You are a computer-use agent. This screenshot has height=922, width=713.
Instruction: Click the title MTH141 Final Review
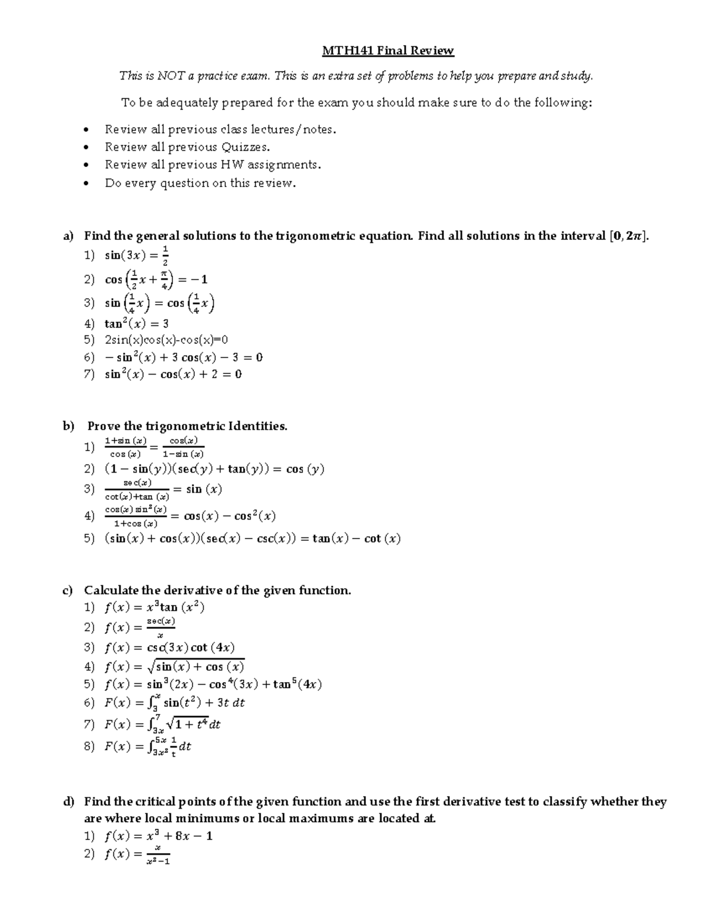(387, 50)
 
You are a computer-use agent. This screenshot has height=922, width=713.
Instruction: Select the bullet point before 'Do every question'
(87, 183)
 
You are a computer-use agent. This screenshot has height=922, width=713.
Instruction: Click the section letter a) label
(68, 236)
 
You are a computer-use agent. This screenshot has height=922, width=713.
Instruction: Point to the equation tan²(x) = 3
(137, 324)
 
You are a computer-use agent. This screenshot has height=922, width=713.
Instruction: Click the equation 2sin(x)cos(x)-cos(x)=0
(166, 340)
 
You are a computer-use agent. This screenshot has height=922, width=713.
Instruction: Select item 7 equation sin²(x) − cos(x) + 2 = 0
(173, 374)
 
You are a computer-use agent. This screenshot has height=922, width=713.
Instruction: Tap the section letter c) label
(68, 590)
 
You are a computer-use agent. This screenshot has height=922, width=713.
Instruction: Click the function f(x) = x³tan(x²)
(154, 607)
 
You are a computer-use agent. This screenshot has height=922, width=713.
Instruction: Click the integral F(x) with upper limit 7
(162, 724)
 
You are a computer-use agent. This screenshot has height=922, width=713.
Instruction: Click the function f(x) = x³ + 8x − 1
(158, 836)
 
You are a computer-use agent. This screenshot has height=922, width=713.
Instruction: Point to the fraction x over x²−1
(158, 855)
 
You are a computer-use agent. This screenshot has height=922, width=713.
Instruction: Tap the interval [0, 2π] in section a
(629, 236)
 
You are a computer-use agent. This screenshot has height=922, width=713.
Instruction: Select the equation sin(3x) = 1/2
(137, 255)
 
